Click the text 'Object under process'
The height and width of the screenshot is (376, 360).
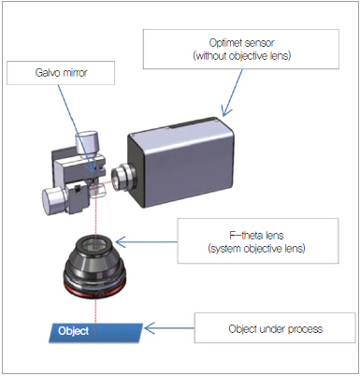[276, 329]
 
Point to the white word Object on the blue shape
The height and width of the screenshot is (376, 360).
[74, 331]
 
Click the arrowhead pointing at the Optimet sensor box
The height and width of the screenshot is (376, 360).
[225, 111]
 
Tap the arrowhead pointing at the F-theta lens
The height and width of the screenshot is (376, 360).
[121, 241]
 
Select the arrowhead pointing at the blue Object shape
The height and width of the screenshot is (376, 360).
[149, 328]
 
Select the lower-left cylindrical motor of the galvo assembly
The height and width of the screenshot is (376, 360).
[53, 199]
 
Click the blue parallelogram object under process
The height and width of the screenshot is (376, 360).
[95, 333]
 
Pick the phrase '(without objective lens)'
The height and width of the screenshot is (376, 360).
[242, 56]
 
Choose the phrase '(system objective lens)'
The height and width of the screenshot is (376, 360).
[256, 249]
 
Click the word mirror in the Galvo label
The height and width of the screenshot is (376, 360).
[75, 73]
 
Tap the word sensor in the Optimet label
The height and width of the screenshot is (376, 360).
[260, 43]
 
